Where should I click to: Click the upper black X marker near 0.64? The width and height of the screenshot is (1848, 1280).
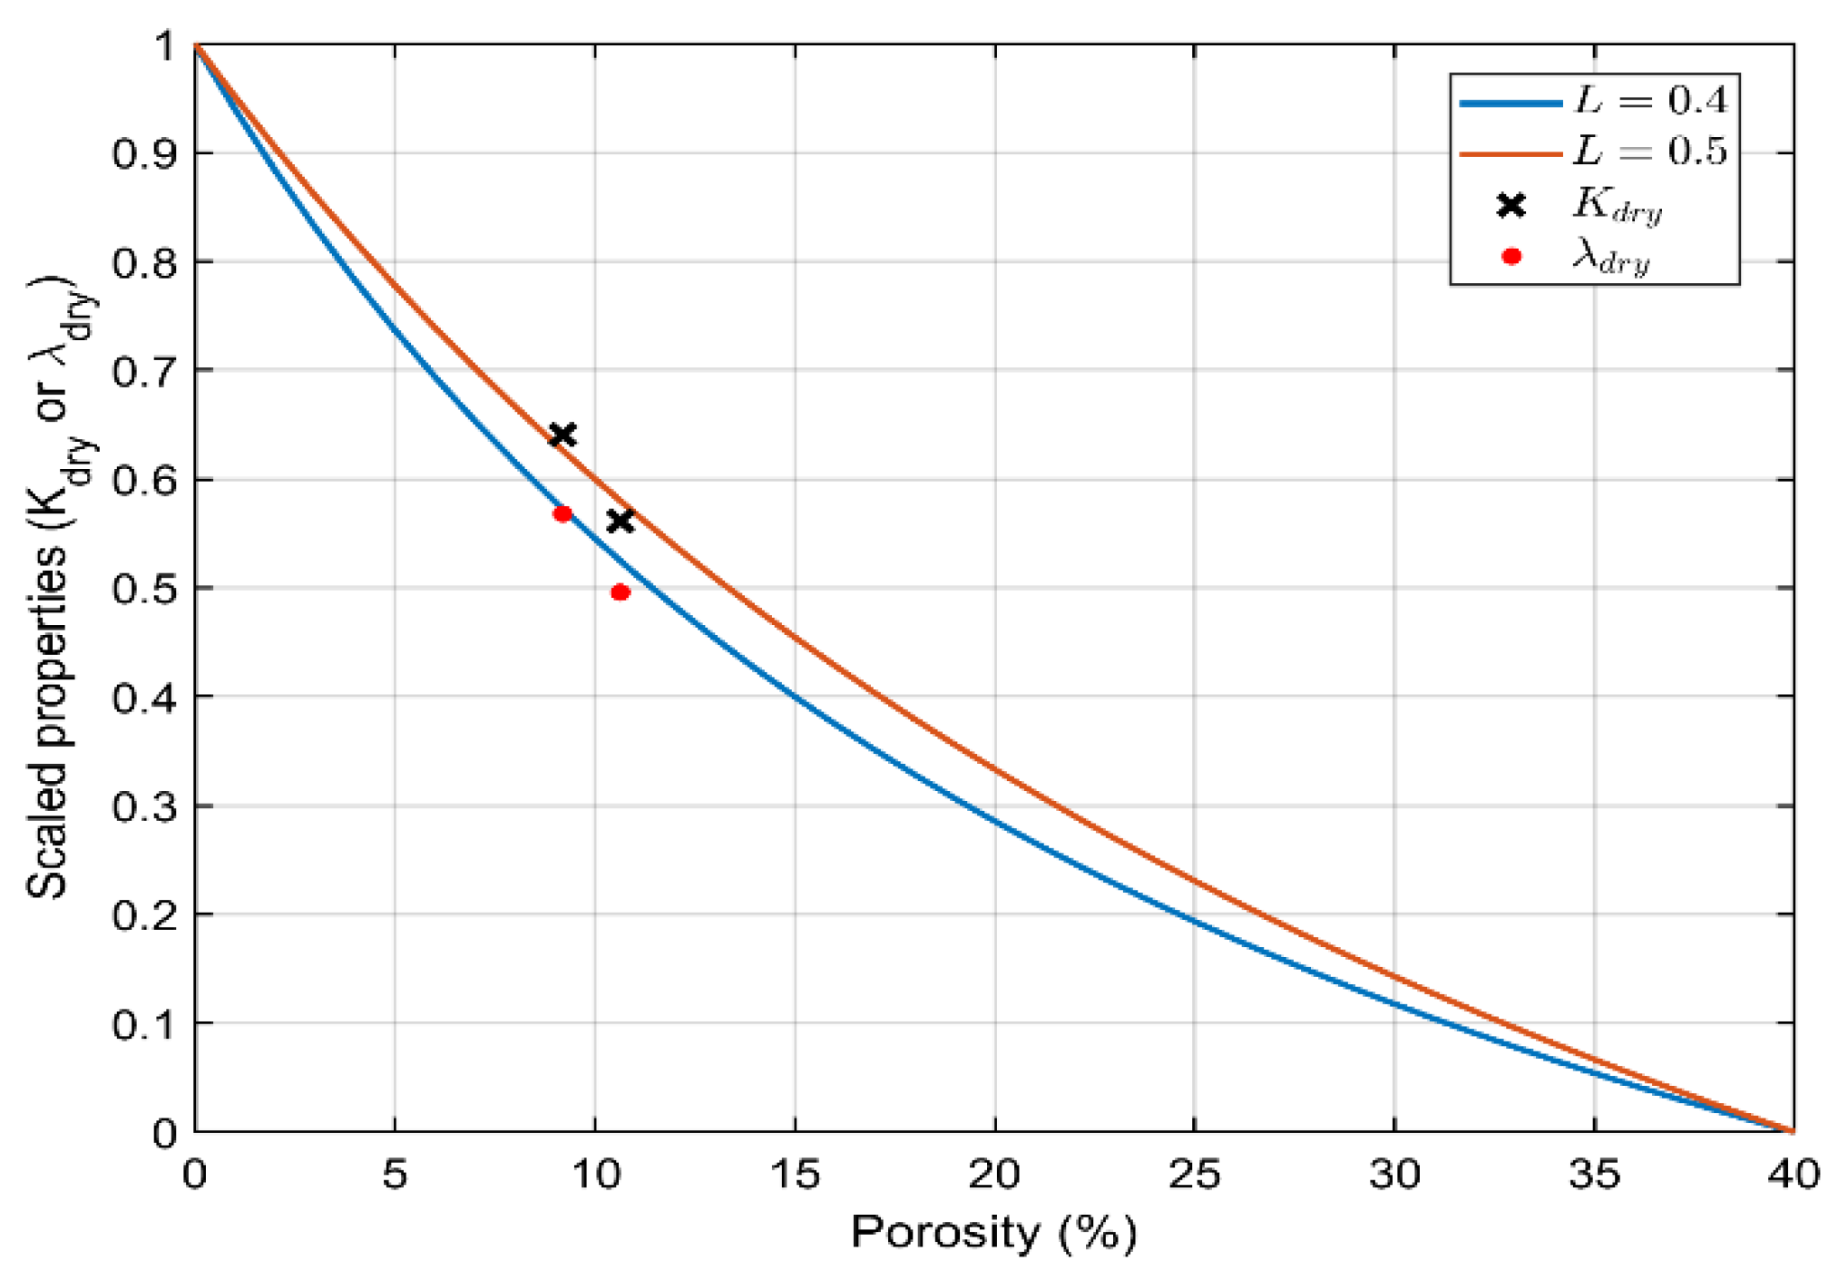(x=562, y=435)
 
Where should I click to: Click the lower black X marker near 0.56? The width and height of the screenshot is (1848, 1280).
(x=620, y=521)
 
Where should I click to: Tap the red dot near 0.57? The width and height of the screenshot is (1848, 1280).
(x=562, y=514)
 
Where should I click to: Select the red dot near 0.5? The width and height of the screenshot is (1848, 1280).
(x=621, y=592)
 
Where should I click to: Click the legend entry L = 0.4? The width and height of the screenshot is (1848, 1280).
(x=1650, y=101)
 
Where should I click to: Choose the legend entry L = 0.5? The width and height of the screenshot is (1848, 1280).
(x=1650, y=151)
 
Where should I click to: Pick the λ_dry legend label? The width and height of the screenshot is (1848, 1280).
(x=1611, y=258)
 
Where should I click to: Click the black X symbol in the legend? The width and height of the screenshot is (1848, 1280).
(x=1511, y=206)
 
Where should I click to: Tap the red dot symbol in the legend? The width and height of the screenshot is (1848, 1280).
(x=1511, y=257)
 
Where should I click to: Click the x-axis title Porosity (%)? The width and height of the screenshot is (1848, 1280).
(x=993, y=1233)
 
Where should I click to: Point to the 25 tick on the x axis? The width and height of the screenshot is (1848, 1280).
(x=1194, y=1175)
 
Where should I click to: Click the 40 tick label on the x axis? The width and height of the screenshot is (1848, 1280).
(x=1793, y=1175)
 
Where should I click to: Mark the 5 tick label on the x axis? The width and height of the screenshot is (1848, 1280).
(x=395, y=1175)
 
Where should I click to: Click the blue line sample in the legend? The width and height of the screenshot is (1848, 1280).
(x=1511, y=103)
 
